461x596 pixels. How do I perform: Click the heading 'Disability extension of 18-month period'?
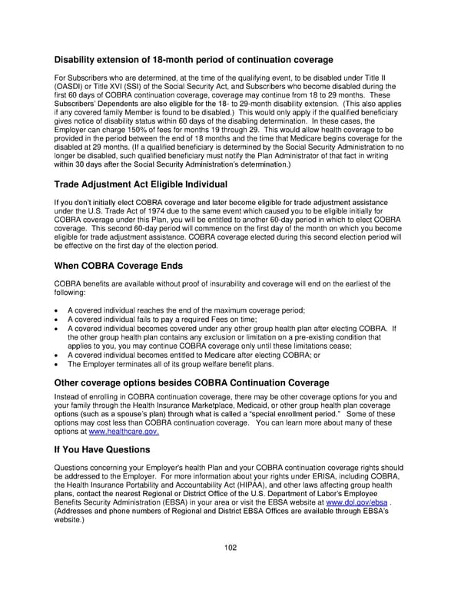[193, 60]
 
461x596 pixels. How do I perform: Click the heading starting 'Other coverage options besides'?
[191, 382]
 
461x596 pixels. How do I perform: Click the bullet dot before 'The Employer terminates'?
[58, 364]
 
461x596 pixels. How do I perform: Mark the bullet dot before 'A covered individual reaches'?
[58, 310]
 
